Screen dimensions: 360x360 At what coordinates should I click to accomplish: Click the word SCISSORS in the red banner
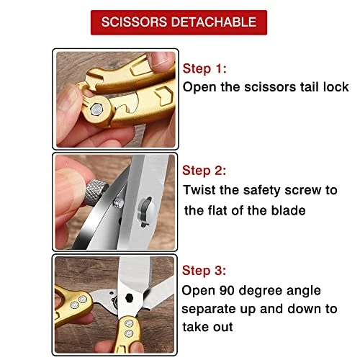click(x=134, y=22)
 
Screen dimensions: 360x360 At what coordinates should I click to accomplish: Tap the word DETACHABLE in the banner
click(x=214, y=22)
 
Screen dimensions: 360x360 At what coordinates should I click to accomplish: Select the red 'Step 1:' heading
click(x=204, y=68)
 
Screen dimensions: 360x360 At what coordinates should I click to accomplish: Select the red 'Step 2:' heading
click(x=204, y=171)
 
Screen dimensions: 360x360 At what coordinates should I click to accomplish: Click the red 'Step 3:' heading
click(x=204, y=271)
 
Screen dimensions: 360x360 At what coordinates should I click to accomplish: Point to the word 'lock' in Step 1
click(x=336, y=86)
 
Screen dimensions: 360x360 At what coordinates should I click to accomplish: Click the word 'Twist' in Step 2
click(x=199, y=190)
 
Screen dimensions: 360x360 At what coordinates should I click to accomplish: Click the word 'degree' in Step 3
click(x=261, y=291)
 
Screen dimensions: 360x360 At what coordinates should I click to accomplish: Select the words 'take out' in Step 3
click(x=207, y=327)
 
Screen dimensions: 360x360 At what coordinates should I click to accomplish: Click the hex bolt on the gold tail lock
click(x=96, y=109)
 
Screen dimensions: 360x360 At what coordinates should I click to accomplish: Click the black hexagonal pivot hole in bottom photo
click(x=130, y=298)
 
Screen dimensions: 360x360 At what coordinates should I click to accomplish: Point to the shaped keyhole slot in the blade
click(x=145, y=212)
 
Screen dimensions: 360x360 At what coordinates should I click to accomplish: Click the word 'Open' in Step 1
click(x=199, y=87)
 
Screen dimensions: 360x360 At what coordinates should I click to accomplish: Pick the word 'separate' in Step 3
click(x=209, y=309)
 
